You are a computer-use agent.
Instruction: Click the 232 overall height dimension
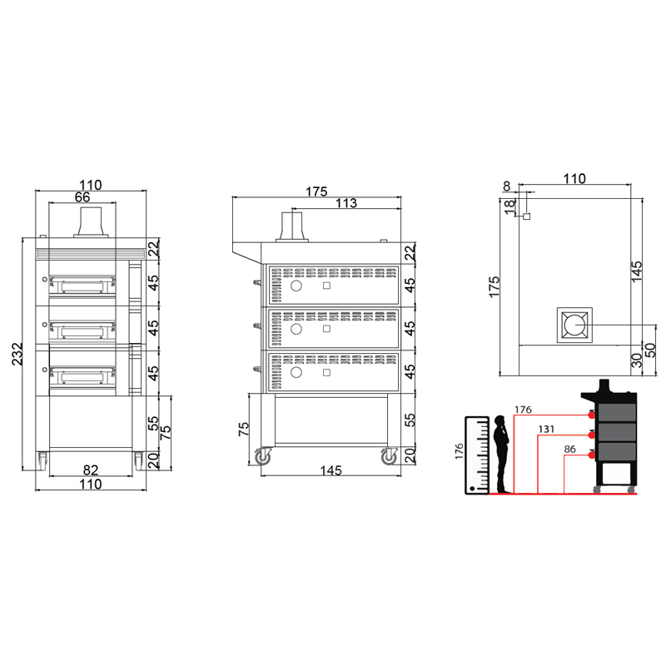17,354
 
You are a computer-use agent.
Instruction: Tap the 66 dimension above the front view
82,197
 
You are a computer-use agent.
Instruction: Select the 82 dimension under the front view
91,470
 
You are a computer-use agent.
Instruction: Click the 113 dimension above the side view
346,203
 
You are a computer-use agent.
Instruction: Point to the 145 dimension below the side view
331,470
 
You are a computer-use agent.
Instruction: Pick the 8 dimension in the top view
506,186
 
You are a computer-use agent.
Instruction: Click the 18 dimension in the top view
509,206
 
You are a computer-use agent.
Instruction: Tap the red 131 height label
546,429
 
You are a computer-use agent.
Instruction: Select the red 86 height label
570,449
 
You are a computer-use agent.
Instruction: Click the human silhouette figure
502,454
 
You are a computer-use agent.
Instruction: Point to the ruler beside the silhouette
477,455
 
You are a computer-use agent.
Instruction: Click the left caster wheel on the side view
263,456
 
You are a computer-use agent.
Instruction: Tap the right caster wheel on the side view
389,456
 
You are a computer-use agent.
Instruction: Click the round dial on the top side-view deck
296,286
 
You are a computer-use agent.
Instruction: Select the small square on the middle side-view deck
326,329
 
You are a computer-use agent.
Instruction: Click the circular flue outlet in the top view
574,325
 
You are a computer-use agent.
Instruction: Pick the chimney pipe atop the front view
91,221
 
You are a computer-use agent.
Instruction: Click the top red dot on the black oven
591,415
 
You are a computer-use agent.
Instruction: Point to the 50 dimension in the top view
650,350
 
